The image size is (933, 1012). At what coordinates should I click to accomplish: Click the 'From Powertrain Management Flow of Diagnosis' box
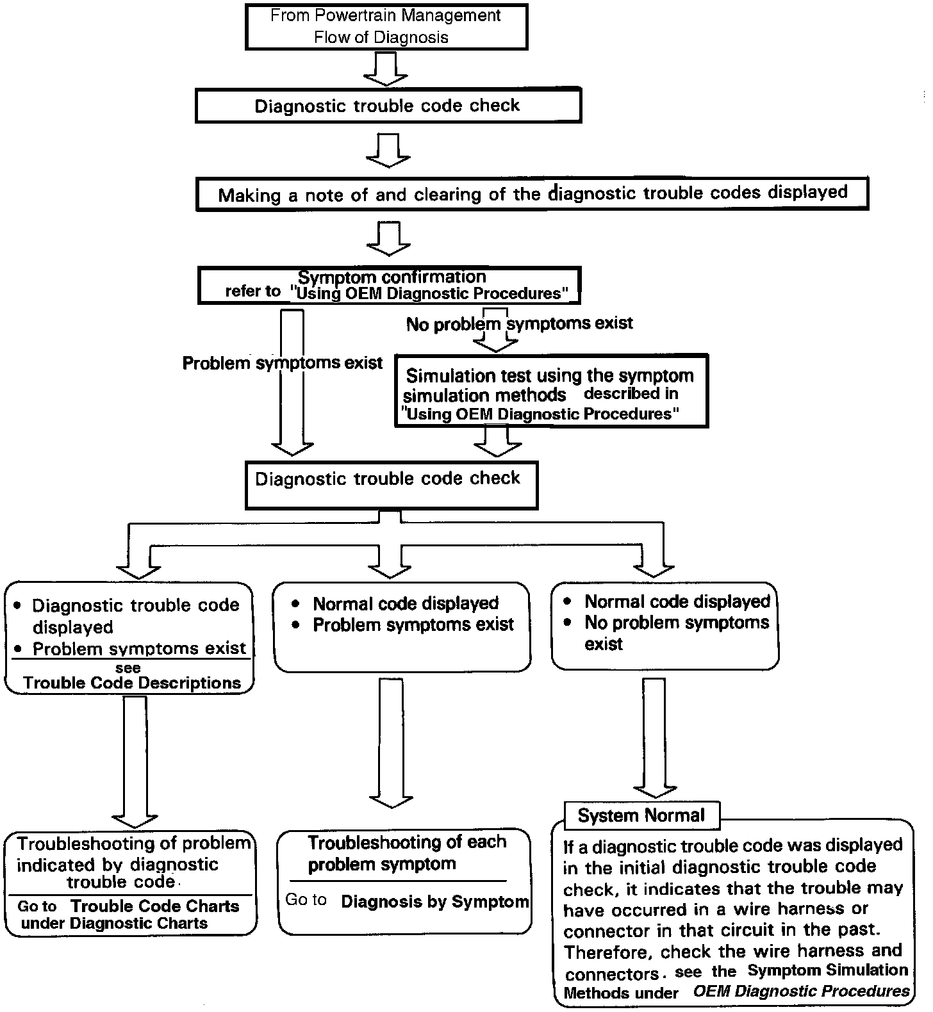(x=386, y=26)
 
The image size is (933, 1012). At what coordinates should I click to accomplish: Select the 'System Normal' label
(x=641, y=815)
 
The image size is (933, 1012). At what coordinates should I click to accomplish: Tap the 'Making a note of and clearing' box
(x=532, y=193)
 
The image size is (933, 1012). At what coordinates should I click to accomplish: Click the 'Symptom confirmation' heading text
(x=392, y=277)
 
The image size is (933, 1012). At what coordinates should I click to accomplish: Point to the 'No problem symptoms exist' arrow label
(x=519, y=323)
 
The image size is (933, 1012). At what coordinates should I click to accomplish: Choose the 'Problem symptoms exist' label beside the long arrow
(x=282, y=363)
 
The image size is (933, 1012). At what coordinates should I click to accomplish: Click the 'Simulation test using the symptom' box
(x=550, y=391)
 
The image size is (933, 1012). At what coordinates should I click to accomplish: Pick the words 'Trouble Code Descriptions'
(x=132, y=683)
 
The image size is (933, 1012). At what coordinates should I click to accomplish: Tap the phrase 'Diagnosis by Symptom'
(x=435, y=902)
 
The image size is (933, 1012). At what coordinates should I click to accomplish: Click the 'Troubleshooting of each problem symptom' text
(x=406, y=853)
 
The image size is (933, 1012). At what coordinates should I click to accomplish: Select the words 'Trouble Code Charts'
(x=155, y=906)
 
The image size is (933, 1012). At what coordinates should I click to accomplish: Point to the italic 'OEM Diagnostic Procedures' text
(x=802, y=992)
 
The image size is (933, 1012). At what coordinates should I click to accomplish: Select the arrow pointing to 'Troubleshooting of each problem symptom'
(x=391, y=743)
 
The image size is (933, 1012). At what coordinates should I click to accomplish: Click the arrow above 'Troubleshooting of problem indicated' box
(x=135, y=762)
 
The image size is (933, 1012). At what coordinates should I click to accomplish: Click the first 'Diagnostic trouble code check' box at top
(x=388, y=106)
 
